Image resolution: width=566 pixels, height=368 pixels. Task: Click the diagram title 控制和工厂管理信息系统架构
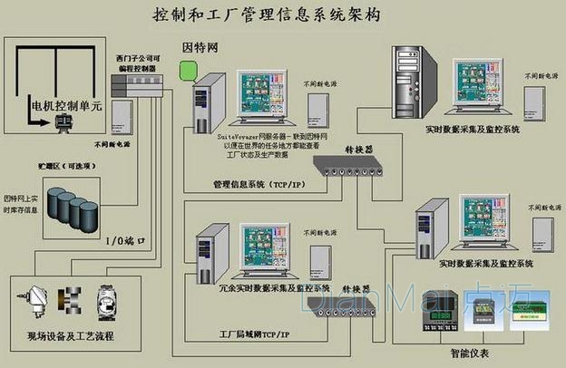pos(264,15)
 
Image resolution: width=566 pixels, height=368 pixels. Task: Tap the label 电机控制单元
pos(67,107)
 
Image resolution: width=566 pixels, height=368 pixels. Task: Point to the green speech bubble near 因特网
pos(188,70)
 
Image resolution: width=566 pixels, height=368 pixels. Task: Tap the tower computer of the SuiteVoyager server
pos(208,103)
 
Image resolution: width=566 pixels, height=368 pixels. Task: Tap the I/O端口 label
pos(119,242)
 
